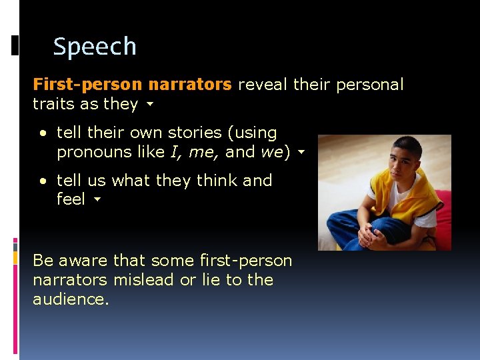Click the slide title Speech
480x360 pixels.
coord(95,47)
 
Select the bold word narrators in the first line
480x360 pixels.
coord(190,85)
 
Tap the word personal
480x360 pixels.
coord(370,85)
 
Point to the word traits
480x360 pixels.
coord(51,104)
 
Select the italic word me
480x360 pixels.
coord(202,153)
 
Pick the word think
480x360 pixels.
coord(215,181)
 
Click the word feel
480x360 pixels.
coord(71,199)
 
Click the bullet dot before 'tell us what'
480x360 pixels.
coord(43,181)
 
